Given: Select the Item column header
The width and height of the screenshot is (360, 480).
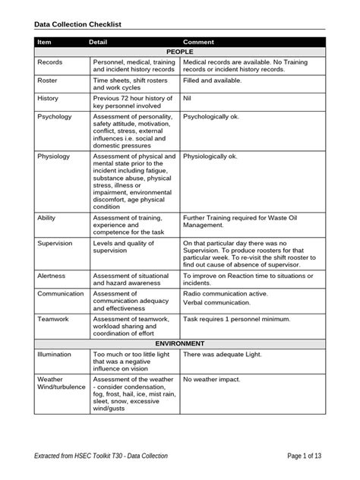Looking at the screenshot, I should tap(45, 42).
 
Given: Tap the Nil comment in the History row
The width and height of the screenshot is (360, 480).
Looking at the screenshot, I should tap(188, 98).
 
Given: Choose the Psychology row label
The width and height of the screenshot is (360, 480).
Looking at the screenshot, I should tap(55, 117).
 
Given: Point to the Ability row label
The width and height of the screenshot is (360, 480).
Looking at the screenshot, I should tap(46, 216).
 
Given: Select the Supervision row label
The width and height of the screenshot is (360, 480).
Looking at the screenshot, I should tap(56, 243).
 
